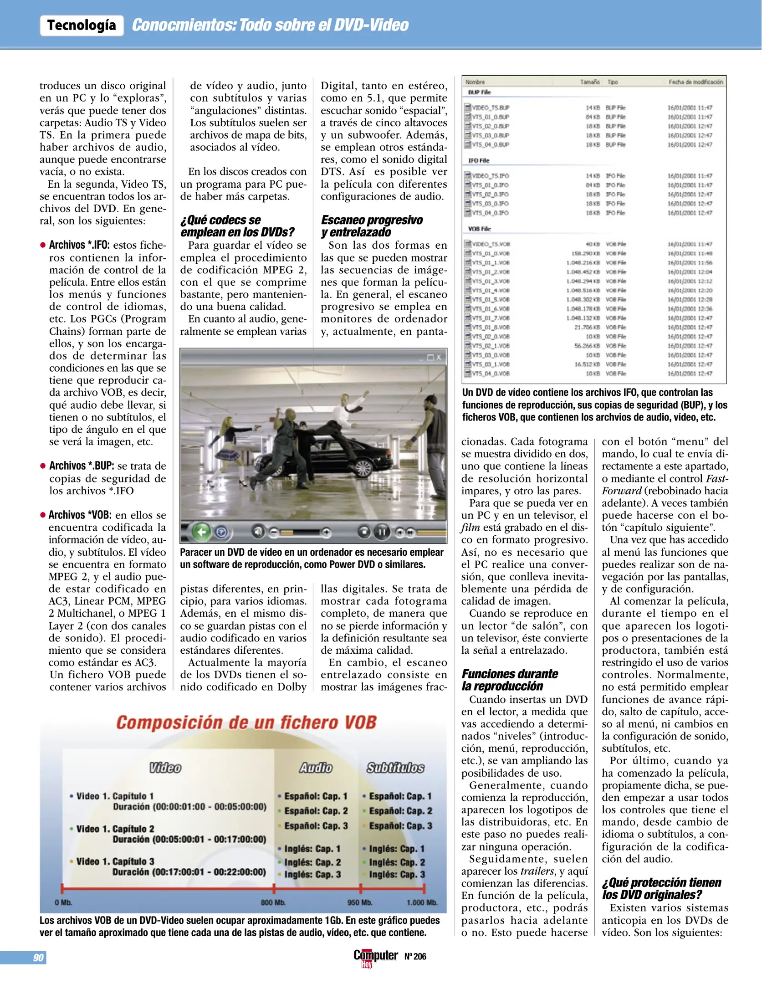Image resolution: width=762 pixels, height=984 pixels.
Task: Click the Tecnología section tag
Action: coord(82,25)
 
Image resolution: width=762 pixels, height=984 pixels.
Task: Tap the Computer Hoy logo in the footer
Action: coord(375,956)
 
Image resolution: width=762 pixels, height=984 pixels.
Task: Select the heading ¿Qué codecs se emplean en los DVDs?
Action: coord(237,226)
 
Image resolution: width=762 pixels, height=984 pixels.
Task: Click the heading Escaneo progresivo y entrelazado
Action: coord(371,226)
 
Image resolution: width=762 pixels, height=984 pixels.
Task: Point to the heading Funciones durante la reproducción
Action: coord(509,680)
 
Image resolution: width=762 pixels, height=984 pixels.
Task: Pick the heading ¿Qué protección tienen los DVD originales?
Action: coord(661,888)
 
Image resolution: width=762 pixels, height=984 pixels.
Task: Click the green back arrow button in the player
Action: coord(201,532)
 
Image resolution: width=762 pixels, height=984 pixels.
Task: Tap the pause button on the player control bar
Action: coord(382,532)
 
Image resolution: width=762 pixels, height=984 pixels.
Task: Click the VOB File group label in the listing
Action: coord(479,229)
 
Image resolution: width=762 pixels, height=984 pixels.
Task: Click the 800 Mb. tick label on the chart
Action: coord(273,902)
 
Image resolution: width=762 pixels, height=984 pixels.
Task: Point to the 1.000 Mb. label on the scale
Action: coord(422,902)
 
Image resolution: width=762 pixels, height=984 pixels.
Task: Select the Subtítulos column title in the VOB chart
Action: coord(395,768)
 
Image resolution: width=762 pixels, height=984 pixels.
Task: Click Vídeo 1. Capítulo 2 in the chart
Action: coord(115,829)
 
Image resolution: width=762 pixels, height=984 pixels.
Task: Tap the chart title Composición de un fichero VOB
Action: coord(246,723)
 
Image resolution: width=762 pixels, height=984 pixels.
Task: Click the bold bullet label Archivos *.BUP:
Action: coord(82,466)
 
